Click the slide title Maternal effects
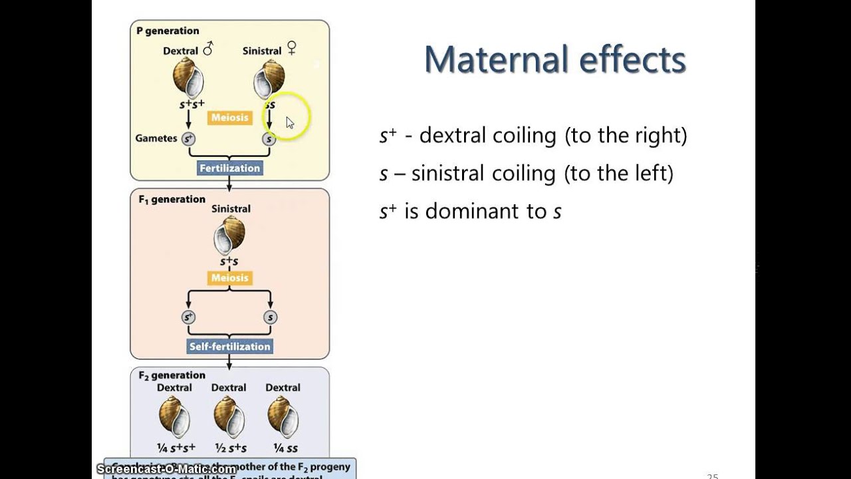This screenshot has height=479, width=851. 554,60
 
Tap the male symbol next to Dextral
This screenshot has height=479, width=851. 208,49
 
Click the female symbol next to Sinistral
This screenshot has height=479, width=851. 291,48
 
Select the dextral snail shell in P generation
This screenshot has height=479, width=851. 188,78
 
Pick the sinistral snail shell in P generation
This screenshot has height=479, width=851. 269,79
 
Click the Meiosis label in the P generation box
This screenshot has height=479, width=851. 229,118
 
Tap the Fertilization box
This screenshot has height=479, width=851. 230,168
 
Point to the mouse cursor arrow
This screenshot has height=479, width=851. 290,122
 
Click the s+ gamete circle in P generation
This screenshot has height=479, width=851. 189,139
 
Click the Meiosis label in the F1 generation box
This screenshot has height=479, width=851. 229,278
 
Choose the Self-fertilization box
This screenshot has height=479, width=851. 230,347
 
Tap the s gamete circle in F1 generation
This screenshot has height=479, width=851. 270,317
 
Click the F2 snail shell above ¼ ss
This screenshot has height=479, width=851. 283,417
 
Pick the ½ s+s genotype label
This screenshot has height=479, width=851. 230,448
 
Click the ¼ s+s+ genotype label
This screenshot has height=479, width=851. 176,448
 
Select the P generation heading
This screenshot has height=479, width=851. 168,31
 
